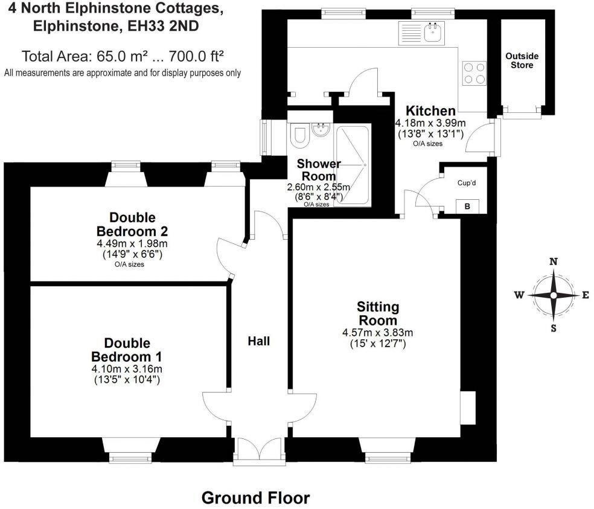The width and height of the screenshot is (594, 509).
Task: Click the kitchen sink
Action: coord(433,31)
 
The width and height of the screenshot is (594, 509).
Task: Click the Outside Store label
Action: coord(522,60)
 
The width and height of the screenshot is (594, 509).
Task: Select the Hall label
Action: coord(258,341)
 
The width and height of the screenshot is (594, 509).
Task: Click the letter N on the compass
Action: coord(552,261)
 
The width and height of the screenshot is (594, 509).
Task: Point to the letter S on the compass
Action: coord(553,328)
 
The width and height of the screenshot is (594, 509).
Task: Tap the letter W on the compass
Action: coord(519,295)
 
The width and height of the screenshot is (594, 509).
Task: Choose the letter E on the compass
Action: coord(585,295)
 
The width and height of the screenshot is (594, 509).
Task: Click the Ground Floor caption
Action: coord(255,498)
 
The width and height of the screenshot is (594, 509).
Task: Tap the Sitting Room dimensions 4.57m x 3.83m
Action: coord(378,333)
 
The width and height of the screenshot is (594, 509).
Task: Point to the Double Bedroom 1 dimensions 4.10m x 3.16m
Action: coord(127,369)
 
